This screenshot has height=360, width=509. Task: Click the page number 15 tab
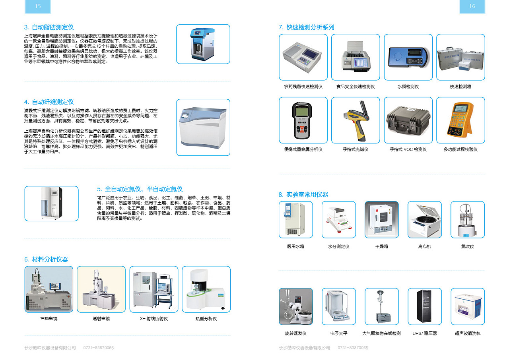click(x=38, y=6)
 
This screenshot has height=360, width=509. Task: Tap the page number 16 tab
click(x=472, y=6)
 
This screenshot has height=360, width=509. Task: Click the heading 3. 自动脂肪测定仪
click(x=49, y=27)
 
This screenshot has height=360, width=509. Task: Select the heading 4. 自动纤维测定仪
click(x=49, y=102)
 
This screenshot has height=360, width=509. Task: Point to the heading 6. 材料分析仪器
click(x=46, y=259)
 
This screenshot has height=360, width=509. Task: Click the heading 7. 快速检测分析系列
click(x=307, y=27)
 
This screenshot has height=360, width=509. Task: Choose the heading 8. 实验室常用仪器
click(x=303, y=195)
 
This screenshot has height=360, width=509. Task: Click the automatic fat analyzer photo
click(x=203, y=44)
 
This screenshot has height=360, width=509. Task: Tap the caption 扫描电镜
click(x=49, y=319)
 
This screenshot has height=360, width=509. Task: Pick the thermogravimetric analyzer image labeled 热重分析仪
click(x=206, y=289)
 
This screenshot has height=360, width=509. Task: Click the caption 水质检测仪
click(x=408, y=87)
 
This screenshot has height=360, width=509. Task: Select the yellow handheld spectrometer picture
click(x=356, y=120)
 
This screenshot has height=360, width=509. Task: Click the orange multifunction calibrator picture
click(x=460, y=120)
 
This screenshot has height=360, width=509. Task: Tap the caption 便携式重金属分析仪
click(x=303, y=150)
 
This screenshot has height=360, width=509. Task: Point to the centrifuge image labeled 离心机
click(x=424, y=220)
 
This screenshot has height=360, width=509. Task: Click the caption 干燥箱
click(x=381, y=247)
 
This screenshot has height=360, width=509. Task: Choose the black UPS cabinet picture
click(x=424, y=306)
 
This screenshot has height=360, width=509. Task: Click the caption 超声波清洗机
click(x=467, y=334)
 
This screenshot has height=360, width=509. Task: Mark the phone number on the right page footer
click(x=353, y=348)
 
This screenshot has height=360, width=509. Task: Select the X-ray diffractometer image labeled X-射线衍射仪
click(x=153, y=289)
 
